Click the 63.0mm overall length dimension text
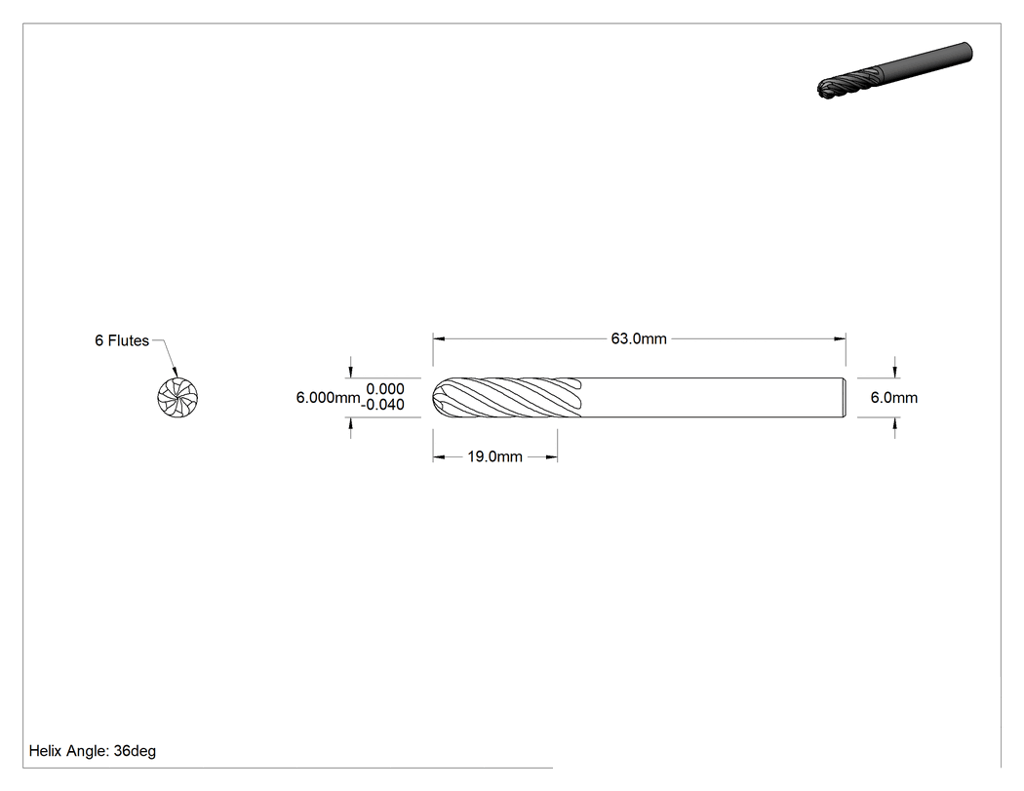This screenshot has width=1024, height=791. pyautogui.click(x=639, y=338)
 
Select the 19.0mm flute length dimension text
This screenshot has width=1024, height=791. pyautogui.click(x=495, y=456)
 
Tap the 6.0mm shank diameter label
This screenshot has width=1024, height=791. pyautogui.click(x=894, y=398)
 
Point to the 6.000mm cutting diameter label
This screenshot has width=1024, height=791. pyautogui.click(x=328, y=398)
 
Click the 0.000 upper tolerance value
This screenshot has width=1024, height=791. pyautogui.click(x=384, y=389)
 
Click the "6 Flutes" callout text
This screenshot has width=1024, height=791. pyautogui.click(x=122, y=340)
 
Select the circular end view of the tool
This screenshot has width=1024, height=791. pyautogui.click(x=177, y=397)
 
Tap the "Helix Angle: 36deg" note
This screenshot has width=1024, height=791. pyautogui.click(x=93, y=751)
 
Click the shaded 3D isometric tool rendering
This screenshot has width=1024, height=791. pyautogui.click(x=894, y=70)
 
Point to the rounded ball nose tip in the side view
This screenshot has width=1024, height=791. pyautogui.click(x=439, y=397)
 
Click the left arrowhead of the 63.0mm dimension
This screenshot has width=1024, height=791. pyautogui.click(x=439, y=339)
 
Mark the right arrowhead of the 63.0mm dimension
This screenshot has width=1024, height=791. pyautogui.click(x=840, y=339)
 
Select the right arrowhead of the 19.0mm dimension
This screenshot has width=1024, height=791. pyautogui.click(x=551, y=457)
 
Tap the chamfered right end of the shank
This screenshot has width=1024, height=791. pyautogui.click(x=844, y=397)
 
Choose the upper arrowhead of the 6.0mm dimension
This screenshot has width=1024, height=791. pyautogui.click(x=894, y=372)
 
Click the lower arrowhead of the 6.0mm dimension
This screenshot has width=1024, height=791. pyautogui.click(x=894, y=423)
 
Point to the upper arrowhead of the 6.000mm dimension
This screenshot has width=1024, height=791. pyautogui.click(x=351, y=372)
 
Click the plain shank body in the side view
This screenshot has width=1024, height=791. pyautogui.click(x=712, y=397)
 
